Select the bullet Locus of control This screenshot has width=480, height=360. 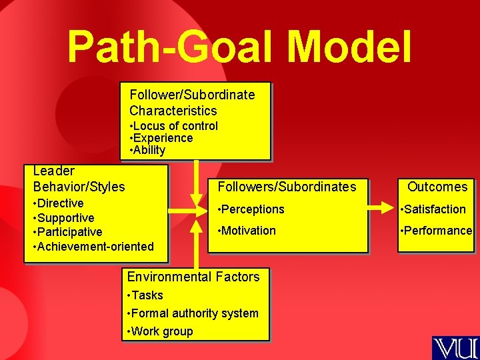tap(175, 126)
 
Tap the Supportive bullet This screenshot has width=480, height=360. tap(64, 218)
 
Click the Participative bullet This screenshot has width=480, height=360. tap(68, 232)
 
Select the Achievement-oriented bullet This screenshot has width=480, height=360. tap(93, 247)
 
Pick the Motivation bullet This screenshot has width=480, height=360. tap(247, 231)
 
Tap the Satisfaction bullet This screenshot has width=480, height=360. tap(433, 209)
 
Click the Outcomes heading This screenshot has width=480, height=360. tap(437, 187)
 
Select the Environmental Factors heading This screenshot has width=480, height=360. tap(193, 277)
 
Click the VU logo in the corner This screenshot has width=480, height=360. tap(455, 348)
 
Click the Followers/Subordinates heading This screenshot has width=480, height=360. tap(287, 187)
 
